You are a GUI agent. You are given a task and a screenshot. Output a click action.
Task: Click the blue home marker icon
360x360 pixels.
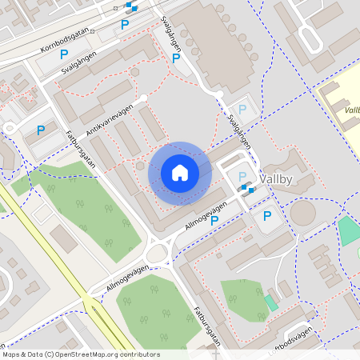pos(180,173)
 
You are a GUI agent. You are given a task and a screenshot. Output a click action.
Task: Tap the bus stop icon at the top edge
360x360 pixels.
pos(130,6)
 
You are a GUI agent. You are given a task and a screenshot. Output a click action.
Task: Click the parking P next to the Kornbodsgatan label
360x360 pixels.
pos(64,54)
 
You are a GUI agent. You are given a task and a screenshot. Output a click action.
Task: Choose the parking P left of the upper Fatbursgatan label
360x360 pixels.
pos(40,130)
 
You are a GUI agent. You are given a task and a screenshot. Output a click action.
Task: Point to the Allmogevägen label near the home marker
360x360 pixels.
pos(206,214)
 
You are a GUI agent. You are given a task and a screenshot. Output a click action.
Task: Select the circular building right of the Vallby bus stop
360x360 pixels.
pos(302,213)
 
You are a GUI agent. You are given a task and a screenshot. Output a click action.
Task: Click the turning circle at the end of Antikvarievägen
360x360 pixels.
pos(144,98)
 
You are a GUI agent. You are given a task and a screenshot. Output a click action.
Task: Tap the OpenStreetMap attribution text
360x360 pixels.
pos(80,354)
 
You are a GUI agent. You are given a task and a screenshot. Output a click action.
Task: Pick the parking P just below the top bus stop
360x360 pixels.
pos(124,25)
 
